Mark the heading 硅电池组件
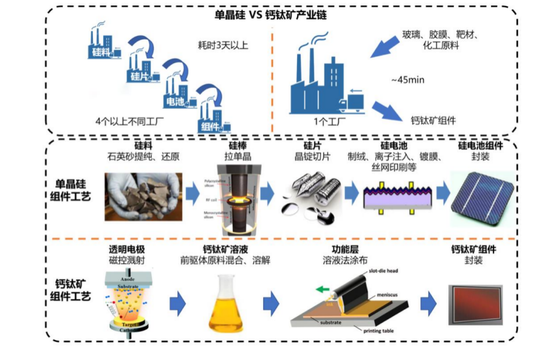pos(481,147)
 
